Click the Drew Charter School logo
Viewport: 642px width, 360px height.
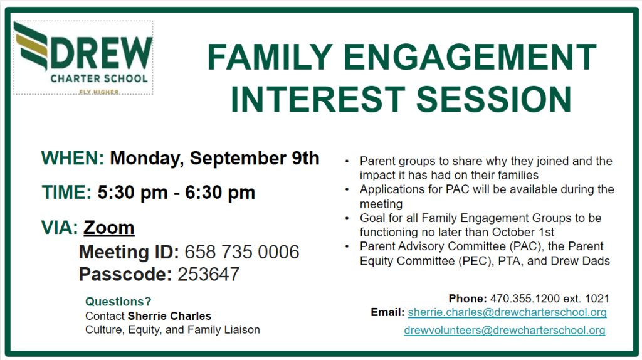click(x=83, y=58)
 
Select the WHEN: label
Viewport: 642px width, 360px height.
click(x=73, y=158)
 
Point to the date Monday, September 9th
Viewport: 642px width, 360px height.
click(x=214, y=159)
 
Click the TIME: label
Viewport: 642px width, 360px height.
click(x=66, y=192)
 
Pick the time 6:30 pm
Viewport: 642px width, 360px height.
click(x=220, y=193)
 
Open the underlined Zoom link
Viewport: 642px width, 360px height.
click(x=109, y=227)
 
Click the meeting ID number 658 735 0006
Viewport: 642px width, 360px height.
click(x=241, y=252)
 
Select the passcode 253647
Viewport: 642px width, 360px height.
click(x=208, y=275)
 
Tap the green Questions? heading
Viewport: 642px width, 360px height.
click(x=118, y=302)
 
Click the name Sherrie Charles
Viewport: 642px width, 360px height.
click(x=169, y=316)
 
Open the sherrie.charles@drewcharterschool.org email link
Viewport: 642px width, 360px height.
click(x=507, y=312)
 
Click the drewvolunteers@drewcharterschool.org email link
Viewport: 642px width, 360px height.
click(x=505, y=330)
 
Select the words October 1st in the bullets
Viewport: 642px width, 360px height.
click(x=523, y=232)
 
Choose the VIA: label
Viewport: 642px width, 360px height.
click(x=60, y=227)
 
